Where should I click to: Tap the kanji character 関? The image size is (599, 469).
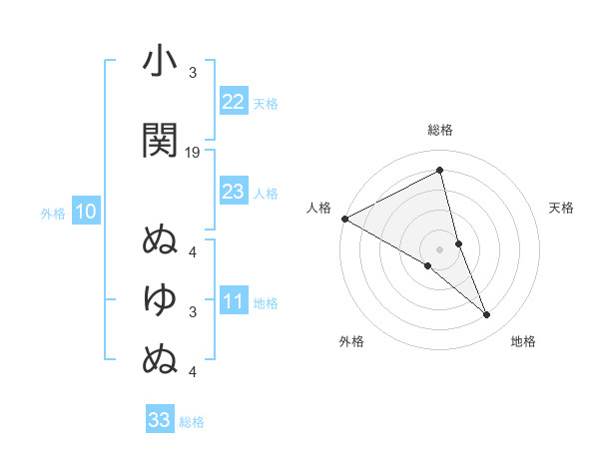click(160, 141)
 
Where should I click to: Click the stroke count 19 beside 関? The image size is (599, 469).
click(193, 153)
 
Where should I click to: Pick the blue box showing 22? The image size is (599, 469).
click(233, 102)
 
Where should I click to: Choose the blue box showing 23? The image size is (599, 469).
click(233, 192)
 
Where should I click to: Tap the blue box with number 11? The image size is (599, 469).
click(233, 302)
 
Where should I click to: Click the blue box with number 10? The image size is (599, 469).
click(85, 212)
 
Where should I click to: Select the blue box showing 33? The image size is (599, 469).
click(159, 420)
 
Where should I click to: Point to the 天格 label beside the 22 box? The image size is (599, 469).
click(266, 103)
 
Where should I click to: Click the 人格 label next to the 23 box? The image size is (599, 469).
click(266, 193)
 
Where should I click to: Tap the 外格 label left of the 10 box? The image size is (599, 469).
click(53, 213)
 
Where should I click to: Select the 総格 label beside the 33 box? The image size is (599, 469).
click(192, 422)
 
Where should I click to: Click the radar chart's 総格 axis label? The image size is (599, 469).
click(440, 130)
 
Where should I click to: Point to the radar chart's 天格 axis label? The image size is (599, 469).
click(561, 208)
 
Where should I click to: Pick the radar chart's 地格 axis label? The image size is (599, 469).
click(523, 341)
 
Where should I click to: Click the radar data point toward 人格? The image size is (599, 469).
click(344, 218)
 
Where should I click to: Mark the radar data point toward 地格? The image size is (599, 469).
click(487, 314)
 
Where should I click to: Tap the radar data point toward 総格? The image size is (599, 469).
click(440, 171)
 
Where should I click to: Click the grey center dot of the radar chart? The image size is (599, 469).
click(440, 248)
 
